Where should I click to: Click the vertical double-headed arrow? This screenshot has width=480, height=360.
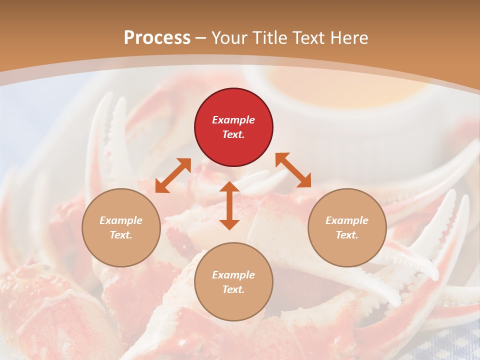pyautogui.click(x=229, y=205)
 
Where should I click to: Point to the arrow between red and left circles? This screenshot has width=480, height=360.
pyautogui.click(x=173, y=175)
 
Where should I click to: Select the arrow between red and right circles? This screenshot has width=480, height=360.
pyautogui.click(x=293, y=170)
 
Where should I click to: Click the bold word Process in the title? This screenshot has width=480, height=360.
pyautogui.click(x=157, y=37)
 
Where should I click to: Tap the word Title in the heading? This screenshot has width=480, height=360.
pyautogui.click(x=270, y=37)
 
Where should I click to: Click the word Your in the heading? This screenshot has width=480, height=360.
pyautogui.click(x=230, y=37)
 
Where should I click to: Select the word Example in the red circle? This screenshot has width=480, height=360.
pyautogui.click(x=233, y=120)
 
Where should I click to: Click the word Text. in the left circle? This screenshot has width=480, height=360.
pyautogui.click(x=121, y=235)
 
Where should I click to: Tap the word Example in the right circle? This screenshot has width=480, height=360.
pyautogui.click(x=347, y=220)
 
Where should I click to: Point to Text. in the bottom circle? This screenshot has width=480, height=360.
pyautogui.click(x=233, y=289)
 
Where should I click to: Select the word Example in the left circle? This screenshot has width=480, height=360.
pyautogui.click(x=121, y=220)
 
